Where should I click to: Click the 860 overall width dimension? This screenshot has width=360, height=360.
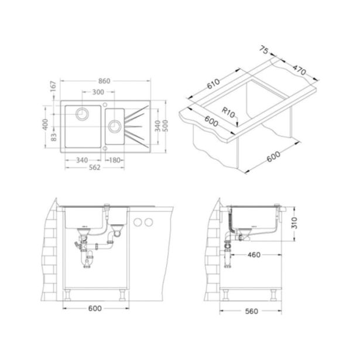click(x=104, y=81)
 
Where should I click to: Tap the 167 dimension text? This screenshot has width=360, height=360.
click(x=53, y=86)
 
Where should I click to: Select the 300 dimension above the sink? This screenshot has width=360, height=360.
click(x=98, y=92)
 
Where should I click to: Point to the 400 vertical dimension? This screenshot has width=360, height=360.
click(x=46, y=124)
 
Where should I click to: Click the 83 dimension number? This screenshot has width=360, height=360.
click(x=53, y=138)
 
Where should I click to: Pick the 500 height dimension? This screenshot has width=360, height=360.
click(x=165, y=126)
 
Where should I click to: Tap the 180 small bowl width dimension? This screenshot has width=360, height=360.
click(x=115, y=160)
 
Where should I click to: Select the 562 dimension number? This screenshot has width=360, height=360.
click(x=95, y=167)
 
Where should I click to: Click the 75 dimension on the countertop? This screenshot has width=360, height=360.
click(x=264, y=50)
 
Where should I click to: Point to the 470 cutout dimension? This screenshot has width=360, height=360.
click(x=300, y=70)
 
